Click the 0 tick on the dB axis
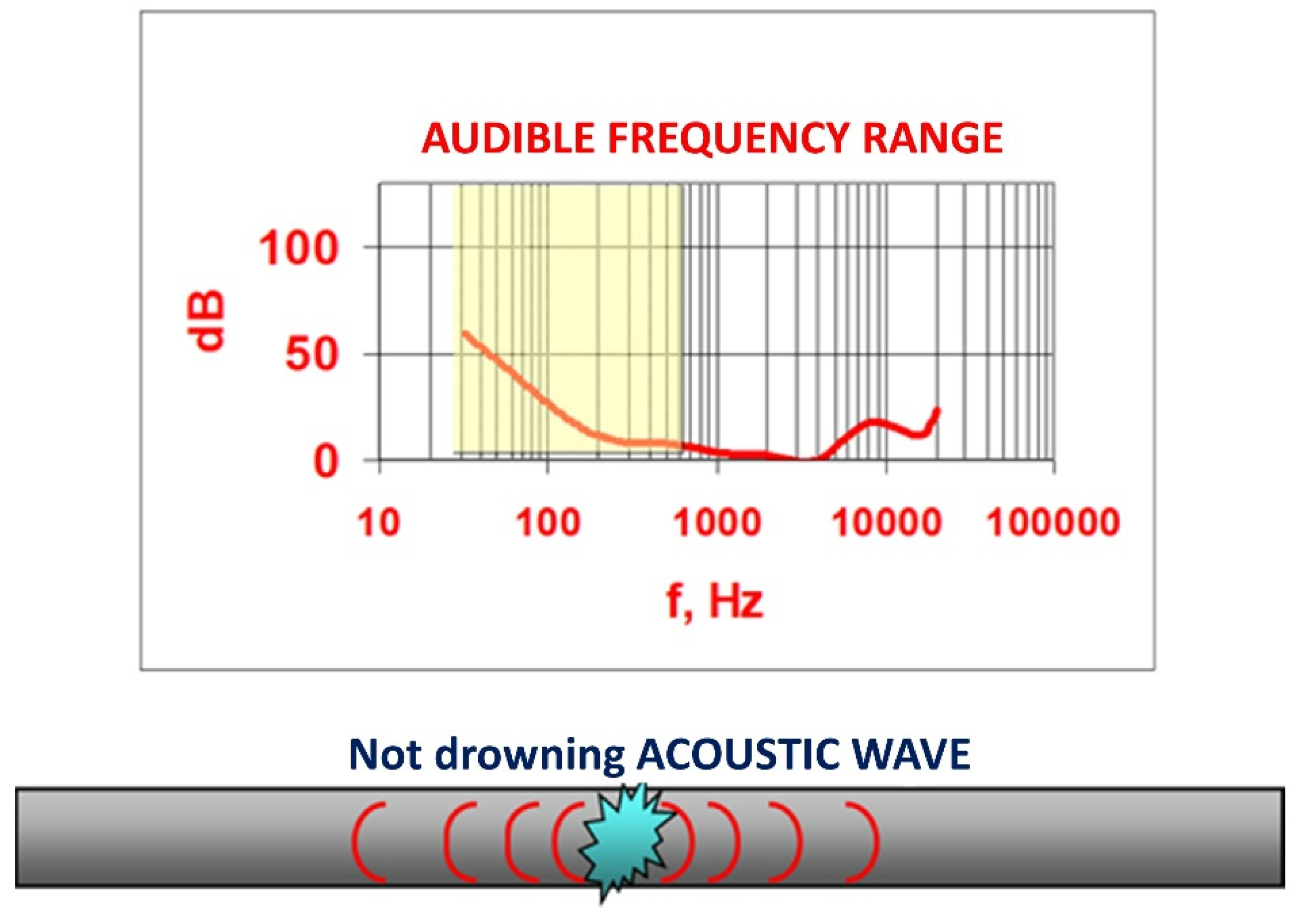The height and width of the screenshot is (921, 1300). point(326,461)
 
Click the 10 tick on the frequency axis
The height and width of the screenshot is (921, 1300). point(379,522)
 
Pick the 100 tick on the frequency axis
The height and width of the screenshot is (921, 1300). point(548,522)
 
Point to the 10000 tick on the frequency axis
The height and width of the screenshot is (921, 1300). point(887,522)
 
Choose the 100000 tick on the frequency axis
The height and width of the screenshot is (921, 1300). point(1054,522)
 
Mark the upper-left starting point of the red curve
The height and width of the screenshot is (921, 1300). point(464,333)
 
